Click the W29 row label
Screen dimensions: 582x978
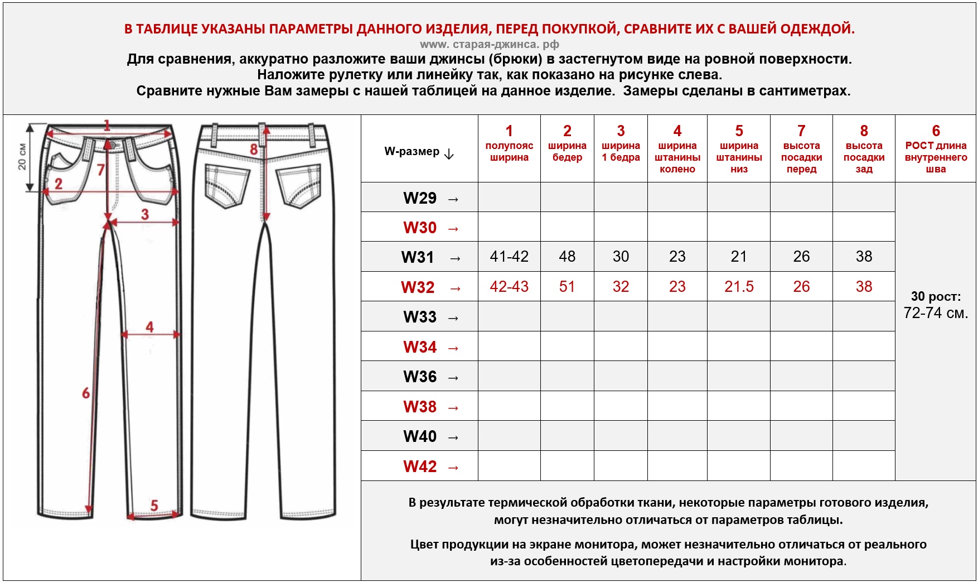click(420, 198)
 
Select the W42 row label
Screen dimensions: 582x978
click(420, 466)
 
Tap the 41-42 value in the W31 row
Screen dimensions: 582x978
click(509, 257)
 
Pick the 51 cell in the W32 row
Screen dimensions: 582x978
click(567, 287)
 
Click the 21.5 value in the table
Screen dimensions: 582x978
click(739, 287)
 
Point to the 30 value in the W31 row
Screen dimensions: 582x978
click(621, 257)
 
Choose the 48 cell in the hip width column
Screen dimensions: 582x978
click(567, 257)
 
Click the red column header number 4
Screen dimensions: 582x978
click(677, 131)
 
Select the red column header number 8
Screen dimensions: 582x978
click(864, 131)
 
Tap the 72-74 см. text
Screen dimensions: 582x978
click(936, 313)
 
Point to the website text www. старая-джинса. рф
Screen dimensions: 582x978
click(489, 44)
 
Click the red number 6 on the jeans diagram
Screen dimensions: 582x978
click(86, 393)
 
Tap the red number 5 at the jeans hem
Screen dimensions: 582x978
click(154, 506)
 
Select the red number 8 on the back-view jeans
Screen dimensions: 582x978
click(254, 149)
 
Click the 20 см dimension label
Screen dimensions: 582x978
click(22, 157)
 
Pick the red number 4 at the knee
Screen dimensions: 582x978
click(149, 326)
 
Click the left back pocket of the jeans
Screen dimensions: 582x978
click(227, 185)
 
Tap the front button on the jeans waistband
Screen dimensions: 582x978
click(113, 145)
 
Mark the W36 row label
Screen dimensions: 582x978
click(420, 377)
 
